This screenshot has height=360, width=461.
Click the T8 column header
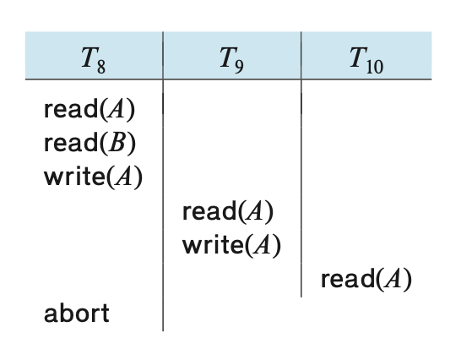click(93, 60)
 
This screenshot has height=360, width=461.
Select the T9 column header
click(231, 60)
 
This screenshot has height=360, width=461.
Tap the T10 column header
click(366, 60)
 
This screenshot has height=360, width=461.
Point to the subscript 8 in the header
click(101, 67)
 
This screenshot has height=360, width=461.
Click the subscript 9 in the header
click(239, 67)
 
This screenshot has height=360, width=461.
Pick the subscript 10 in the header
click(375, 67)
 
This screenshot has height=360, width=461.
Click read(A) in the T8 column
click(89, 110)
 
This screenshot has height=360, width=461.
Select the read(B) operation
click(89, 144)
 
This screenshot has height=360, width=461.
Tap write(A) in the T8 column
click(93, 177)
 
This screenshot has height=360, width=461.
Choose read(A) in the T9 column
click(228, 211)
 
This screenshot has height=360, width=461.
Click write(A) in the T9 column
click(231, 245)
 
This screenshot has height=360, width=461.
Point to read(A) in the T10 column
click(366, 279)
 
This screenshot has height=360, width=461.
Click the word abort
click(77, 314)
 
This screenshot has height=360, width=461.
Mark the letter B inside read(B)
click(117, 144)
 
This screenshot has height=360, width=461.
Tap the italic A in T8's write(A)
click(124, 177)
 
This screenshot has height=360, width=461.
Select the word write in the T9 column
click(213, 245)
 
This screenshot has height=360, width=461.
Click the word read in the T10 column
click(349, 279)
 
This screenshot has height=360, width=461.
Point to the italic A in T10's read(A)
click(393, 279)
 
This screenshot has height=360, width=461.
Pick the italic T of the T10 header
click(358, 57)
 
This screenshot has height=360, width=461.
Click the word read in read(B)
click(71, 143)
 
